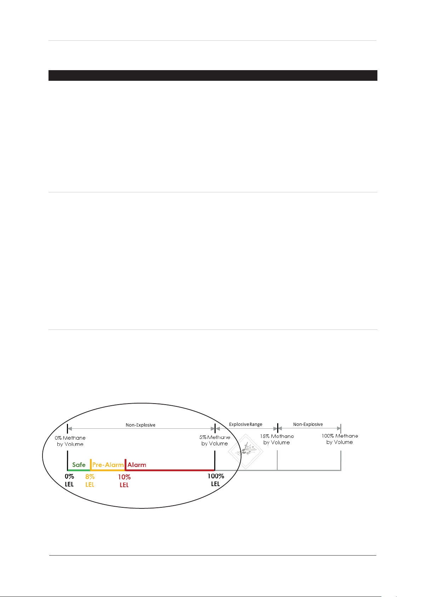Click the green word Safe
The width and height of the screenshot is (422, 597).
tap(79, 465)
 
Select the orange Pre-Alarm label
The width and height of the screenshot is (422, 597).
tap(108, 465)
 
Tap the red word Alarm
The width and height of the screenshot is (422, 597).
tap(137, 465)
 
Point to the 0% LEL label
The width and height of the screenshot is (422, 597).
tap(69, 480)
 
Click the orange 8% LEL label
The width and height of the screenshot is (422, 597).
tap(90, 481)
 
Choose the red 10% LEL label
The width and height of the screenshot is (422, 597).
tap(124, 481)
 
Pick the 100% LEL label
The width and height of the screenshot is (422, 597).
tap(216, 480)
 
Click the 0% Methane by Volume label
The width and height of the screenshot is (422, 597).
tap(70, 441)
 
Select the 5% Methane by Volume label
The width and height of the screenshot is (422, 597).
tap(215, 440)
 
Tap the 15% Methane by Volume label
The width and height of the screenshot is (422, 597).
tap(277, 439)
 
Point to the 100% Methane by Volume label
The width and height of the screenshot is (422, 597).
tap(340, 439)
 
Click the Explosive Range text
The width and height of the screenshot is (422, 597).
tap(245, 424)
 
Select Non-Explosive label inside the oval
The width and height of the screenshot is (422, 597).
tap(141, 425)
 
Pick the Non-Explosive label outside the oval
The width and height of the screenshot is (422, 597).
tap(308, 424)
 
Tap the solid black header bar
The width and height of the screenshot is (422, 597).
tap(212, 75)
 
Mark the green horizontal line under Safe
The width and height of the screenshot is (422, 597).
tap(79, 470)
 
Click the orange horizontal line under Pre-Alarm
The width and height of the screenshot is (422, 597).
tap(108, 470)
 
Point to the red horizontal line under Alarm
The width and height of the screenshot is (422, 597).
tap(170, 470)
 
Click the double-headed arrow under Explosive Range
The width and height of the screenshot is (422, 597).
tap(246, 429)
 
